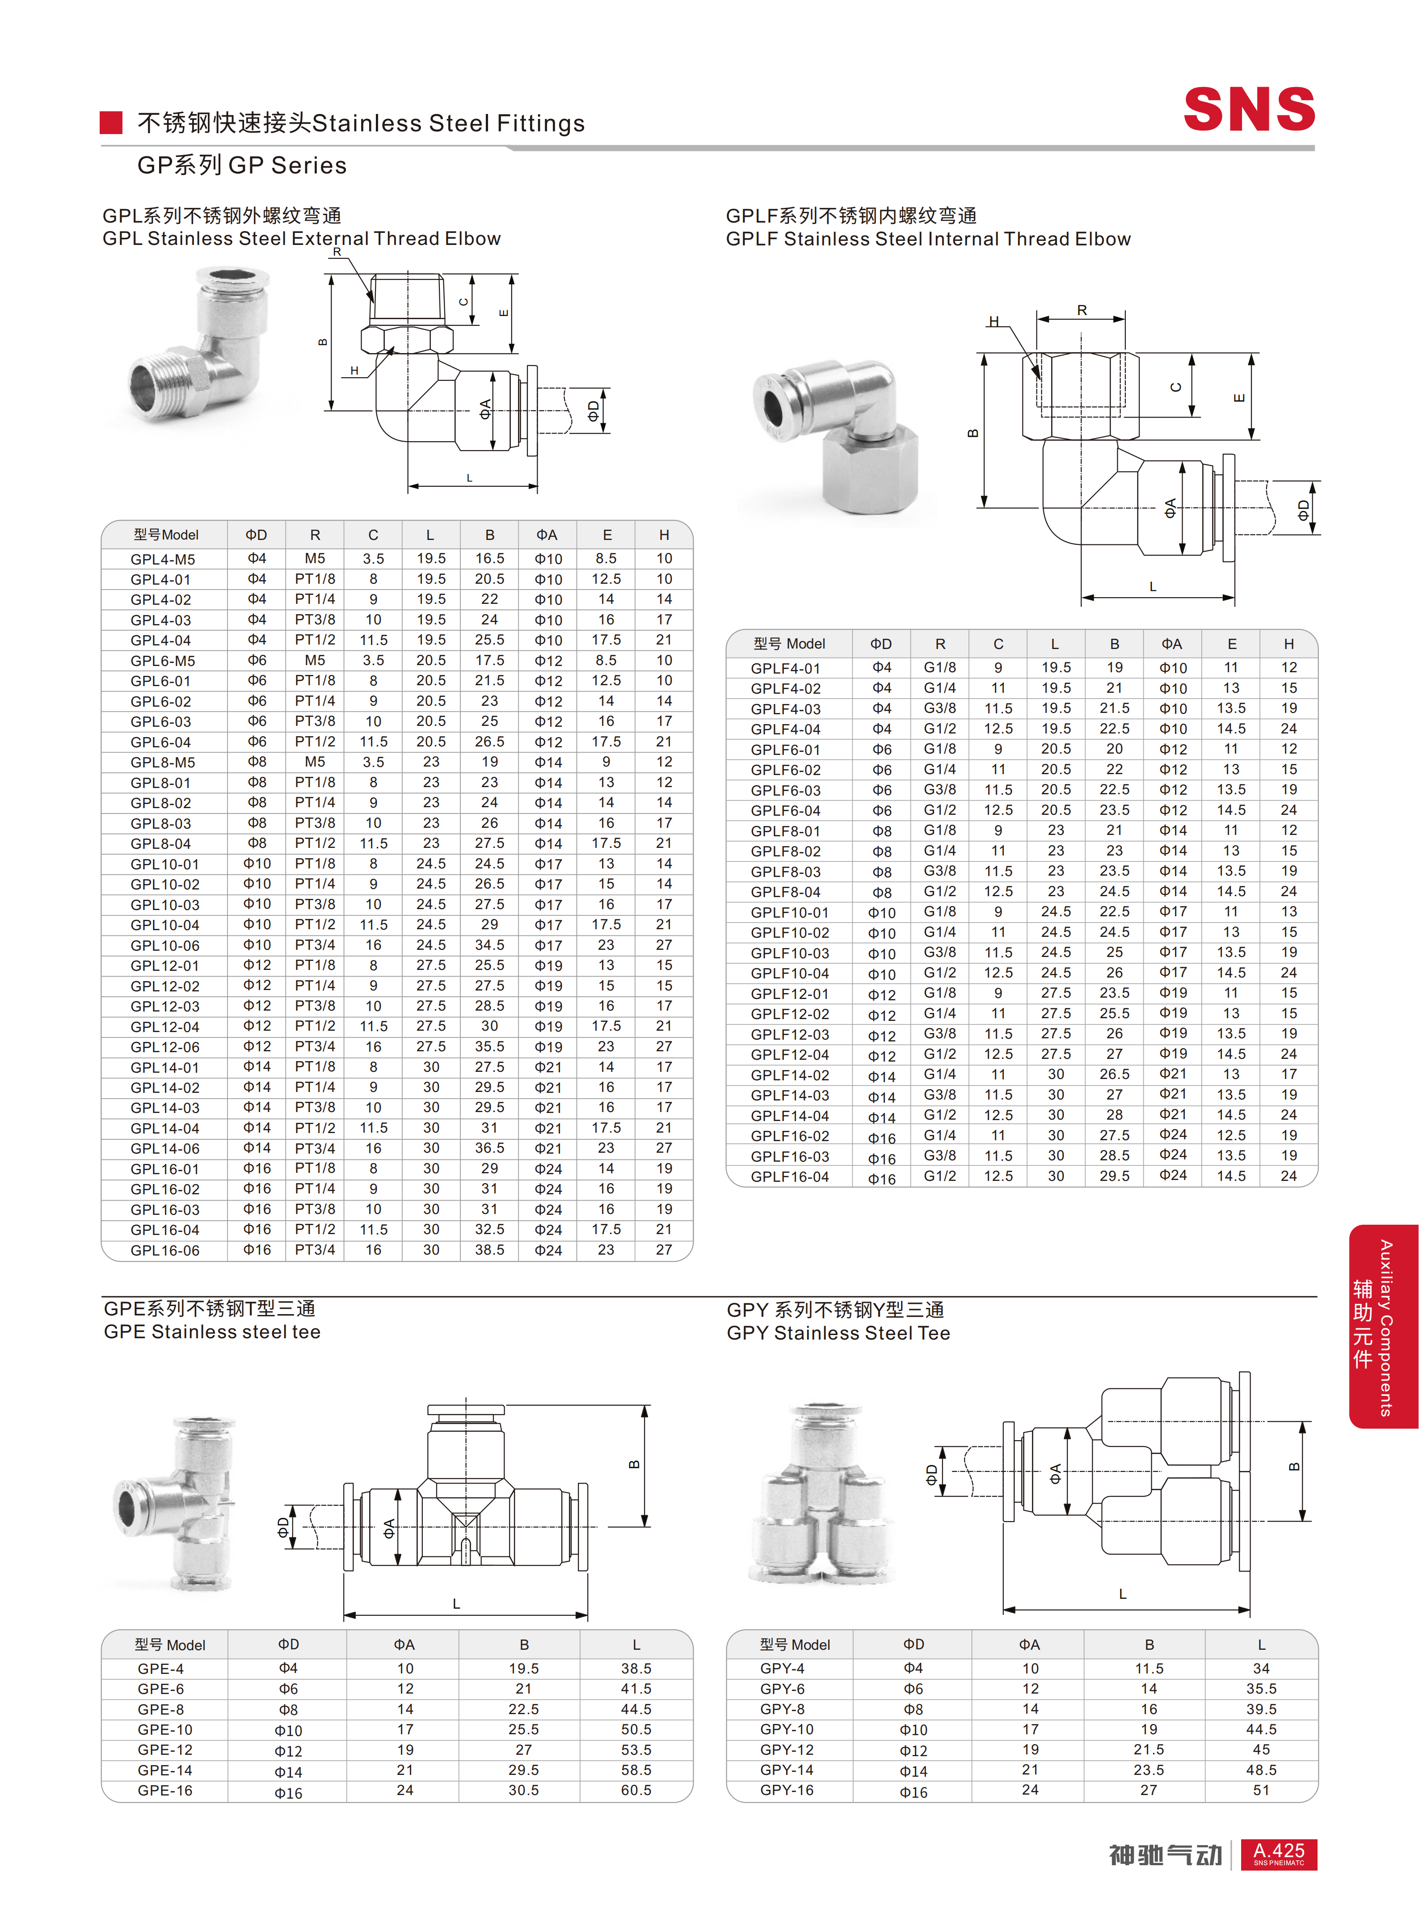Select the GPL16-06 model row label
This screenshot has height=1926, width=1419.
click(x=165, y=1250)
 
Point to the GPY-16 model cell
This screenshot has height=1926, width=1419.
click(x=787, y=1790)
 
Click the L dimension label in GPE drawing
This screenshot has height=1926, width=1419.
click(x=456, y=1604)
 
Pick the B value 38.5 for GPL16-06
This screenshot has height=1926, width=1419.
click(x=489, y=1250)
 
